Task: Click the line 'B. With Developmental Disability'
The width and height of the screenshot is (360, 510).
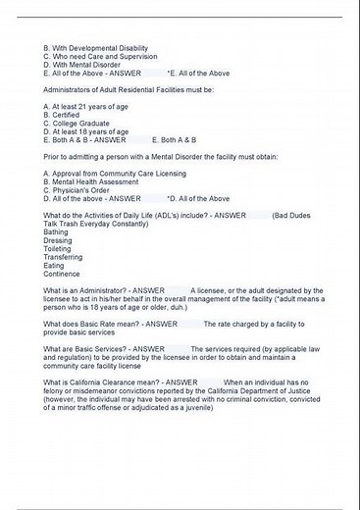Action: pyautogui.click(x=93, y=48)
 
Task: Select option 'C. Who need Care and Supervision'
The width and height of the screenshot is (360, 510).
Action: pyautogui.click(x=99, y=56)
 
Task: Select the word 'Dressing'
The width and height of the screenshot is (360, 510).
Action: pyautogui.click(x=58, y=240)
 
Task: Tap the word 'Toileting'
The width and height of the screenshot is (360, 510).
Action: pyautogui.click(x=58, y=249)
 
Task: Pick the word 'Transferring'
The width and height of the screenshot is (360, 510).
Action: pyautogui.click(x=64, y=257)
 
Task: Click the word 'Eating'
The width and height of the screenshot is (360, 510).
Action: pyautogui.click(x=55, y=266)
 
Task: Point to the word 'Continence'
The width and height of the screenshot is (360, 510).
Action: pyautogui.click(x=62, y=274)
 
